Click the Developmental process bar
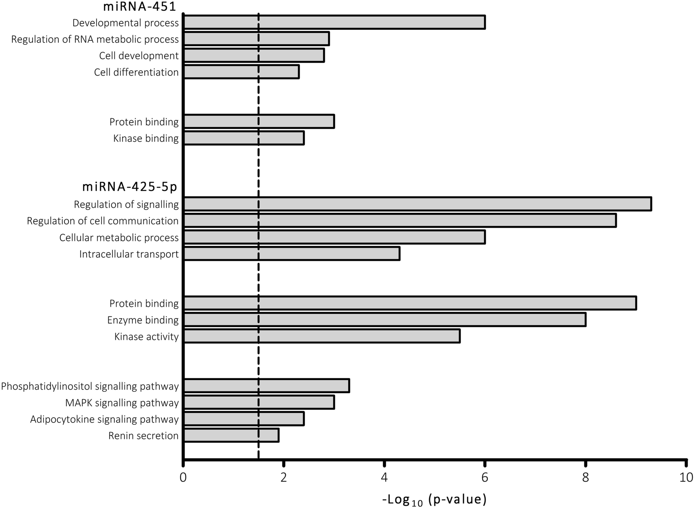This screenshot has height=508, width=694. point(334,22)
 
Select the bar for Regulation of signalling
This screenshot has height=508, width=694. point(417,204)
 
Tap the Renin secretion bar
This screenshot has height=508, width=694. point(231,435)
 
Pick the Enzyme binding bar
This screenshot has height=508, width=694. point(384,320)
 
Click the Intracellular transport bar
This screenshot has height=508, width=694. point(292,254)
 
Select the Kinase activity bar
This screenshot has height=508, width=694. point(322,336)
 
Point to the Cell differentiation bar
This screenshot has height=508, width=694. point(241,72)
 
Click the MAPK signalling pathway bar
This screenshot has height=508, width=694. point(259,402)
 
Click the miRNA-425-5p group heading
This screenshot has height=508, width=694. point(130,187)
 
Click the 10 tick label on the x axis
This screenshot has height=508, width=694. point(686,478)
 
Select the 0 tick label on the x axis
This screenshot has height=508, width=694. point(183,478)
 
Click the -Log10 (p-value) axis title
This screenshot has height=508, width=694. point(434,499)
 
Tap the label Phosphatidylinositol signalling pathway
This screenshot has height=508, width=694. point(90,386)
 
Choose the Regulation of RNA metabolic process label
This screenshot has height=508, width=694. point(95,39)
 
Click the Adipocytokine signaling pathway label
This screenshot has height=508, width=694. point(104,419)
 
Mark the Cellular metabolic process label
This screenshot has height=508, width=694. point(119,238)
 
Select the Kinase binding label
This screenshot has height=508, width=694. point(146,138)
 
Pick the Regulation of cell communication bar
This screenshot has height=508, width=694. point(400,221)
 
